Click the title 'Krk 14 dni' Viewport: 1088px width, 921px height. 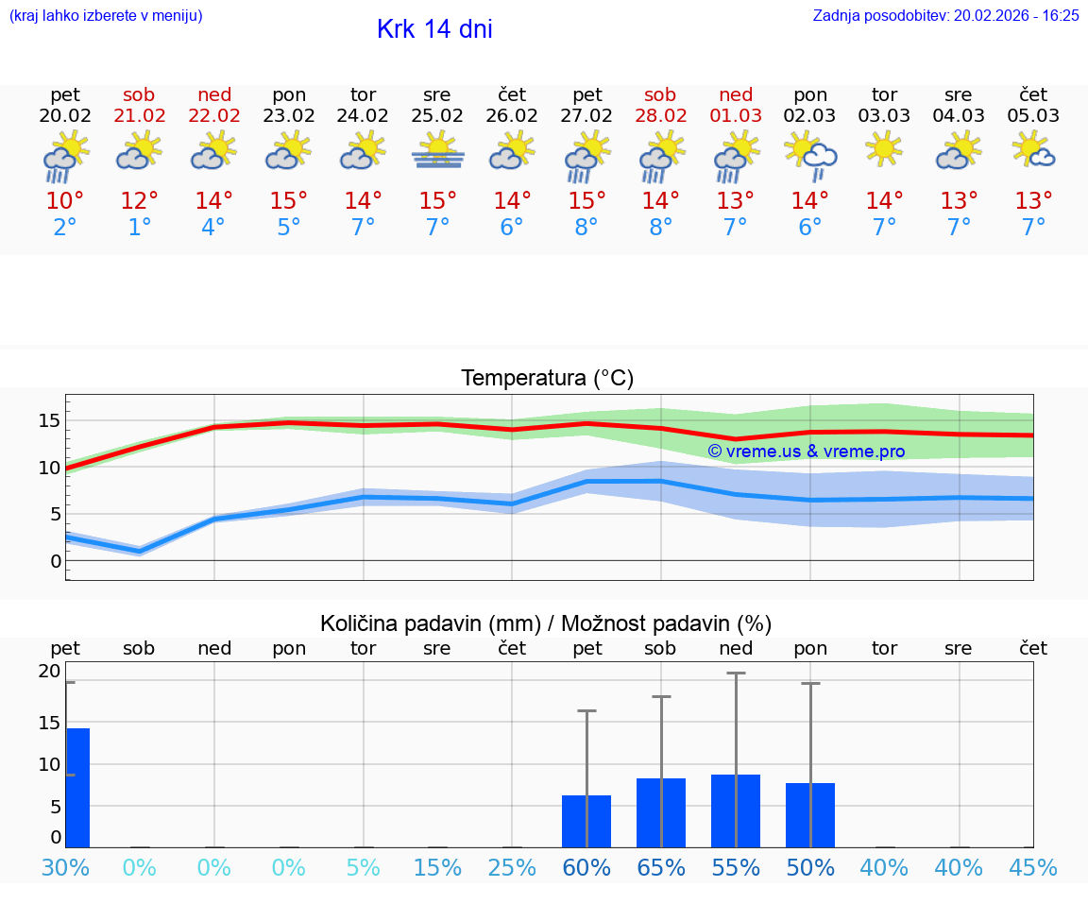pos(434,29)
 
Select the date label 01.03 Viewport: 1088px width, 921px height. pos(736,115)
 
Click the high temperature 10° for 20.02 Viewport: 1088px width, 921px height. pos(65,200)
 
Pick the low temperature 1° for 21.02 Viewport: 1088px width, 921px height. pos(140,227)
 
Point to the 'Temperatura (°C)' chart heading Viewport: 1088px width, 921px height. pos(547,378)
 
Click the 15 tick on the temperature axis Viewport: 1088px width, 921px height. pos(49,420)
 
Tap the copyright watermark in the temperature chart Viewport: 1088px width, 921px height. pos(807,451)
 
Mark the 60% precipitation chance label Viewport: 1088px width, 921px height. pos(586,867)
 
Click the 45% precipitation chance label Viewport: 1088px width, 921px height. pos(1033,867)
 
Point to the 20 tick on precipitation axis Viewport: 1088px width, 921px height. pos(49,671)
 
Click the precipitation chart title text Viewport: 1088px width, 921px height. pos(546,623)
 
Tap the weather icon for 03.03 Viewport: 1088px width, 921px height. pos(885,149)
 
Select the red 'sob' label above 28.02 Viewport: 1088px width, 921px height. pos(660,94)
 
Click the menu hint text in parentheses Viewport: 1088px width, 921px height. pos(105,15)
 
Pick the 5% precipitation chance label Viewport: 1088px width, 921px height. pos(363,867)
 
